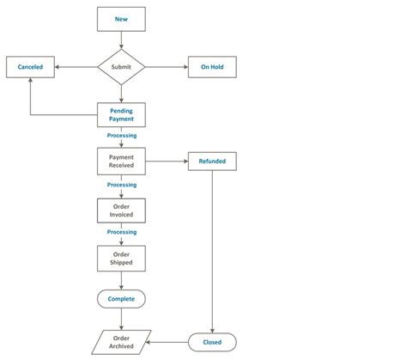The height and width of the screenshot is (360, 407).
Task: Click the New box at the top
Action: [121, 18]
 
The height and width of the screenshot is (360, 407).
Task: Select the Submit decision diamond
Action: [121, 66]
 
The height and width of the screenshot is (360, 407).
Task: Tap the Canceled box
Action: [30, 66]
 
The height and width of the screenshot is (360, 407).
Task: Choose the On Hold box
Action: [212, 66]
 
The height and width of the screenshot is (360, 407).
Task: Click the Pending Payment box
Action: [121, 114]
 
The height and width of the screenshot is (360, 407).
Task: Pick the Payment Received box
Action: [121, 161]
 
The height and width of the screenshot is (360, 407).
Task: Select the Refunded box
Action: [212, 161]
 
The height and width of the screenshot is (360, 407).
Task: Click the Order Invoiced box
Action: [121, 211]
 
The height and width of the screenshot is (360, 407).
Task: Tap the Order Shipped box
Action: [121, 258]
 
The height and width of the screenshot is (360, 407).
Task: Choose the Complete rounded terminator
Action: [121, 299]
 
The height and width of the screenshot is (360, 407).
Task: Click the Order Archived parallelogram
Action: [121, 342]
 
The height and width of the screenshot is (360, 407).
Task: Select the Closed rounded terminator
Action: [212, 342]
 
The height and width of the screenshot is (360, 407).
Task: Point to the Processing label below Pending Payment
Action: [121, 136]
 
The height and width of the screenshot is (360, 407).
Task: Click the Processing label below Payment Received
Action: [121, 185]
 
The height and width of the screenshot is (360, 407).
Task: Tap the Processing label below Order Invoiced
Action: [121, 232]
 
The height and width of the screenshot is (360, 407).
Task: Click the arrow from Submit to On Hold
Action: [167, 66]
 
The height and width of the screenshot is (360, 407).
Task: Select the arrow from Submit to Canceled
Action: [76, 66]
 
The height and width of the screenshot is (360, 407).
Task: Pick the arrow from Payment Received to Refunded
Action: [167, 161]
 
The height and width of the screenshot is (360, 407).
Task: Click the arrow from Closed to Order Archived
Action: [169, 342]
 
